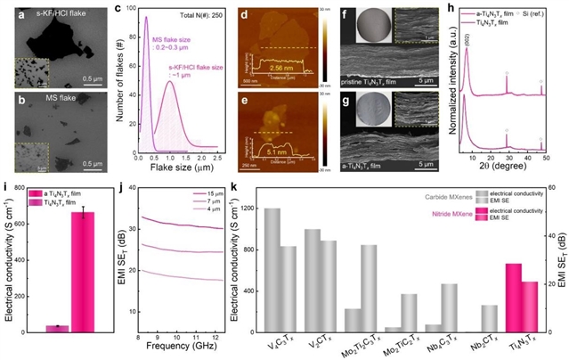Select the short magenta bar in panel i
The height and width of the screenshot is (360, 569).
click(x=57, y=328)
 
